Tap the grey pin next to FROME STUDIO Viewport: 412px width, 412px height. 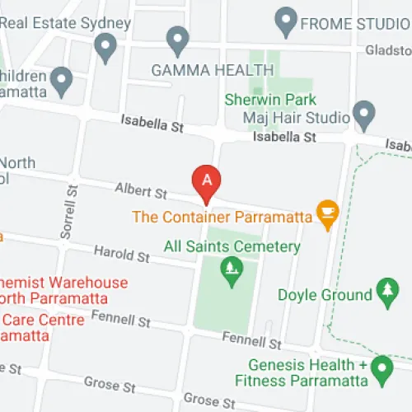(x=287, y=21)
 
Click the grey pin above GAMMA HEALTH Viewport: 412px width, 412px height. (x=177, y=40)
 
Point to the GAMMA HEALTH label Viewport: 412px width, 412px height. (x=201, y=70)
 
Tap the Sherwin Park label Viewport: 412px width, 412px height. (x=269, y=100)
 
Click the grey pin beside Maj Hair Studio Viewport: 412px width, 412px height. (x=363, y=114)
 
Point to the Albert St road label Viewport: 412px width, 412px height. (x=141, y=191)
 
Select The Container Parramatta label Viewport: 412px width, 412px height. (x=222, y=218)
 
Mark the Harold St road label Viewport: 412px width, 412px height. (x=120, y=255)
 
